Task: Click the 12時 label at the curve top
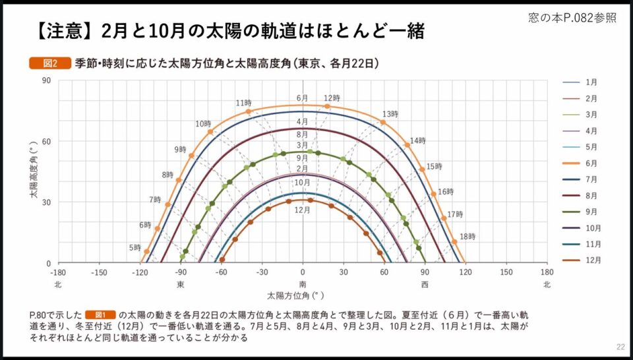(x=332, y=98)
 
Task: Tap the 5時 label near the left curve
(x=135, y=248)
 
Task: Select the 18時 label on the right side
(x=467, y=237)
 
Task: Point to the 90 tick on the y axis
(x=46, y=80)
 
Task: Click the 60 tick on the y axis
(x=46, y=141)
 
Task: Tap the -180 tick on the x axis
(x=58, y=272)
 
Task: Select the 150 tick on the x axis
(x=506, y=272)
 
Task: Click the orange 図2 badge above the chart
(x=49, y=63)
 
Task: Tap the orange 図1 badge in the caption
(x=105, y=315)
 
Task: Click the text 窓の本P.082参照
(x=573, y=18)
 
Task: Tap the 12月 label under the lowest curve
(x=303, y=210)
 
